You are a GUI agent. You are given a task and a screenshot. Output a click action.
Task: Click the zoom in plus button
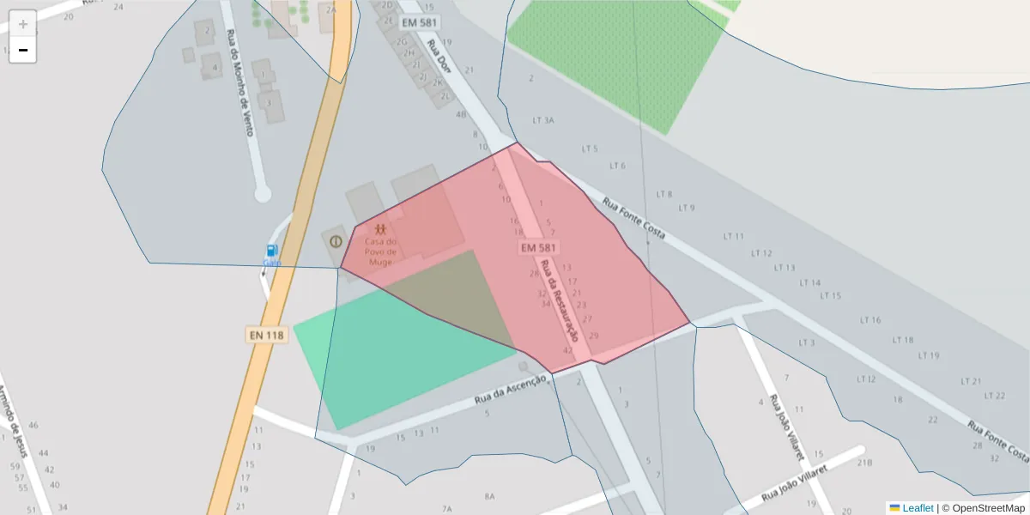tap(23, 24)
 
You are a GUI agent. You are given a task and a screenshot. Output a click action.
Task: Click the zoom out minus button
tap(23, 50)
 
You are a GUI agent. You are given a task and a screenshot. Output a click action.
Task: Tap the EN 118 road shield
tap(266, 335)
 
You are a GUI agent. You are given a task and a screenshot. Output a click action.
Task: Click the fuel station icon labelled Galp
tap(272, 251)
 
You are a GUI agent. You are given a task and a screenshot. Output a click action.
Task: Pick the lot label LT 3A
tap(543, 120)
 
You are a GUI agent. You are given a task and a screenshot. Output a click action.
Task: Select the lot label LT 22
tap(995, 396)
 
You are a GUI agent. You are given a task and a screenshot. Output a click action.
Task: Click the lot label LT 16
tap(870, 320)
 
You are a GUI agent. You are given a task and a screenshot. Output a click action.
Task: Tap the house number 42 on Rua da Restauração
tap(567, 350)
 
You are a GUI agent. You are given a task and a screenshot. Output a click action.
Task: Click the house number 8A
tap(489, 496)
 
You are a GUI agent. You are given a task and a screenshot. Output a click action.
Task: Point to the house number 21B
tap(864, 463)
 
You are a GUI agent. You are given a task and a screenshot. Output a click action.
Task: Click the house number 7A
tap(446, 509)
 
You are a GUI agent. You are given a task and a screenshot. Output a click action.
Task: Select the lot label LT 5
tap(590, 148)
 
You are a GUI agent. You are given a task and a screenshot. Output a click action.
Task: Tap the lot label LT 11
tap(734, 236)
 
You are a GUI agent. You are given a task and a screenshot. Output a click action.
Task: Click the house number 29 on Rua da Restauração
tap(594, 336)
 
